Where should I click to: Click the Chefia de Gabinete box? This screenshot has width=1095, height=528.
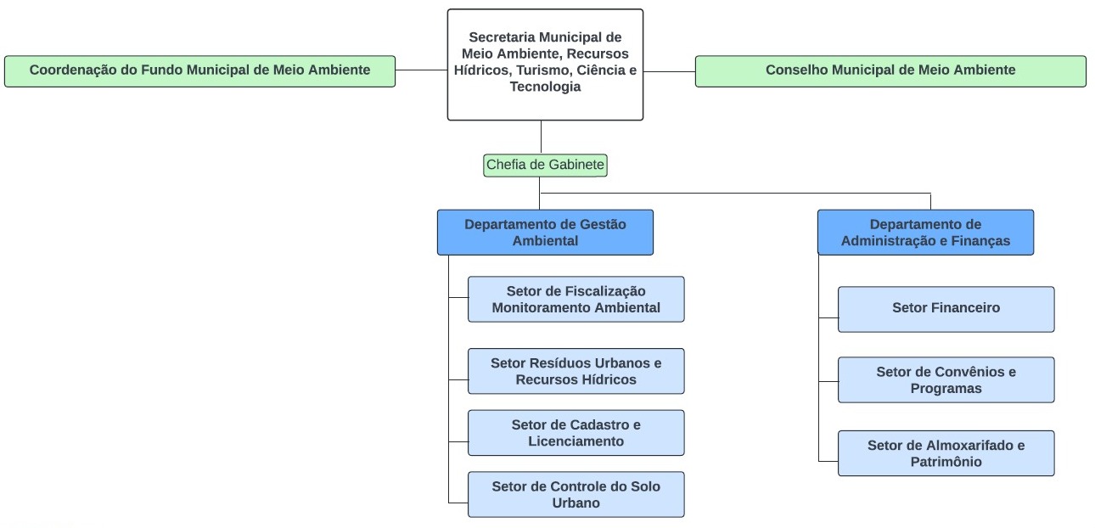pos(545,165)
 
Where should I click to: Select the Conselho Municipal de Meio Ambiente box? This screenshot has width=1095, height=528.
pos(890,70)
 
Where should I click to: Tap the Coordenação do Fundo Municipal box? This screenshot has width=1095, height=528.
pos(199,70)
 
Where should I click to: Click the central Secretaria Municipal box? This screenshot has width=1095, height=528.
pos(545,64)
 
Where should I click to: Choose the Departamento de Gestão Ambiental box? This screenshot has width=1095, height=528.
pos(545,232)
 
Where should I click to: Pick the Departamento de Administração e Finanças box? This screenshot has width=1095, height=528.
pos(925,232)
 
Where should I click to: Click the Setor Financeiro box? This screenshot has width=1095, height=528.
pos(946,308)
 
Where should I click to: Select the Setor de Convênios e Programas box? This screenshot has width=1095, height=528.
pos(946,379)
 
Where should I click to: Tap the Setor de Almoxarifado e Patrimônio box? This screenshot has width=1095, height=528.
pos(946,452)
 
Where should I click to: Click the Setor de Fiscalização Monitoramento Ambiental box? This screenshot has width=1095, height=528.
pos(576,299)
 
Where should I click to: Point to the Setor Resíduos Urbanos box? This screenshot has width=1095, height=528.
pos(576,371)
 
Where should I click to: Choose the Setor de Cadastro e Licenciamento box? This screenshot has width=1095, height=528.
pos(576,432)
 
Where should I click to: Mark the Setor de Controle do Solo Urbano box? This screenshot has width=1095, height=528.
pos(576,494)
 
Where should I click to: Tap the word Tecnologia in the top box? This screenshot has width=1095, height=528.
pos(545,87)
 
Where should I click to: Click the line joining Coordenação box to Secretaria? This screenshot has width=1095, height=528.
pos(421,70)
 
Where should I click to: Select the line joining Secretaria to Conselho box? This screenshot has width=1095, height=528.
pos(669,71)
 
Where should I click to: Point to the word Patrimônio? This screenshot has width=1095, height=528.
pos(946,462)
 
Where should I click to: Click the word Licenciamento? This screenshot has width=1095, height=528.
pos(576,441)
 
